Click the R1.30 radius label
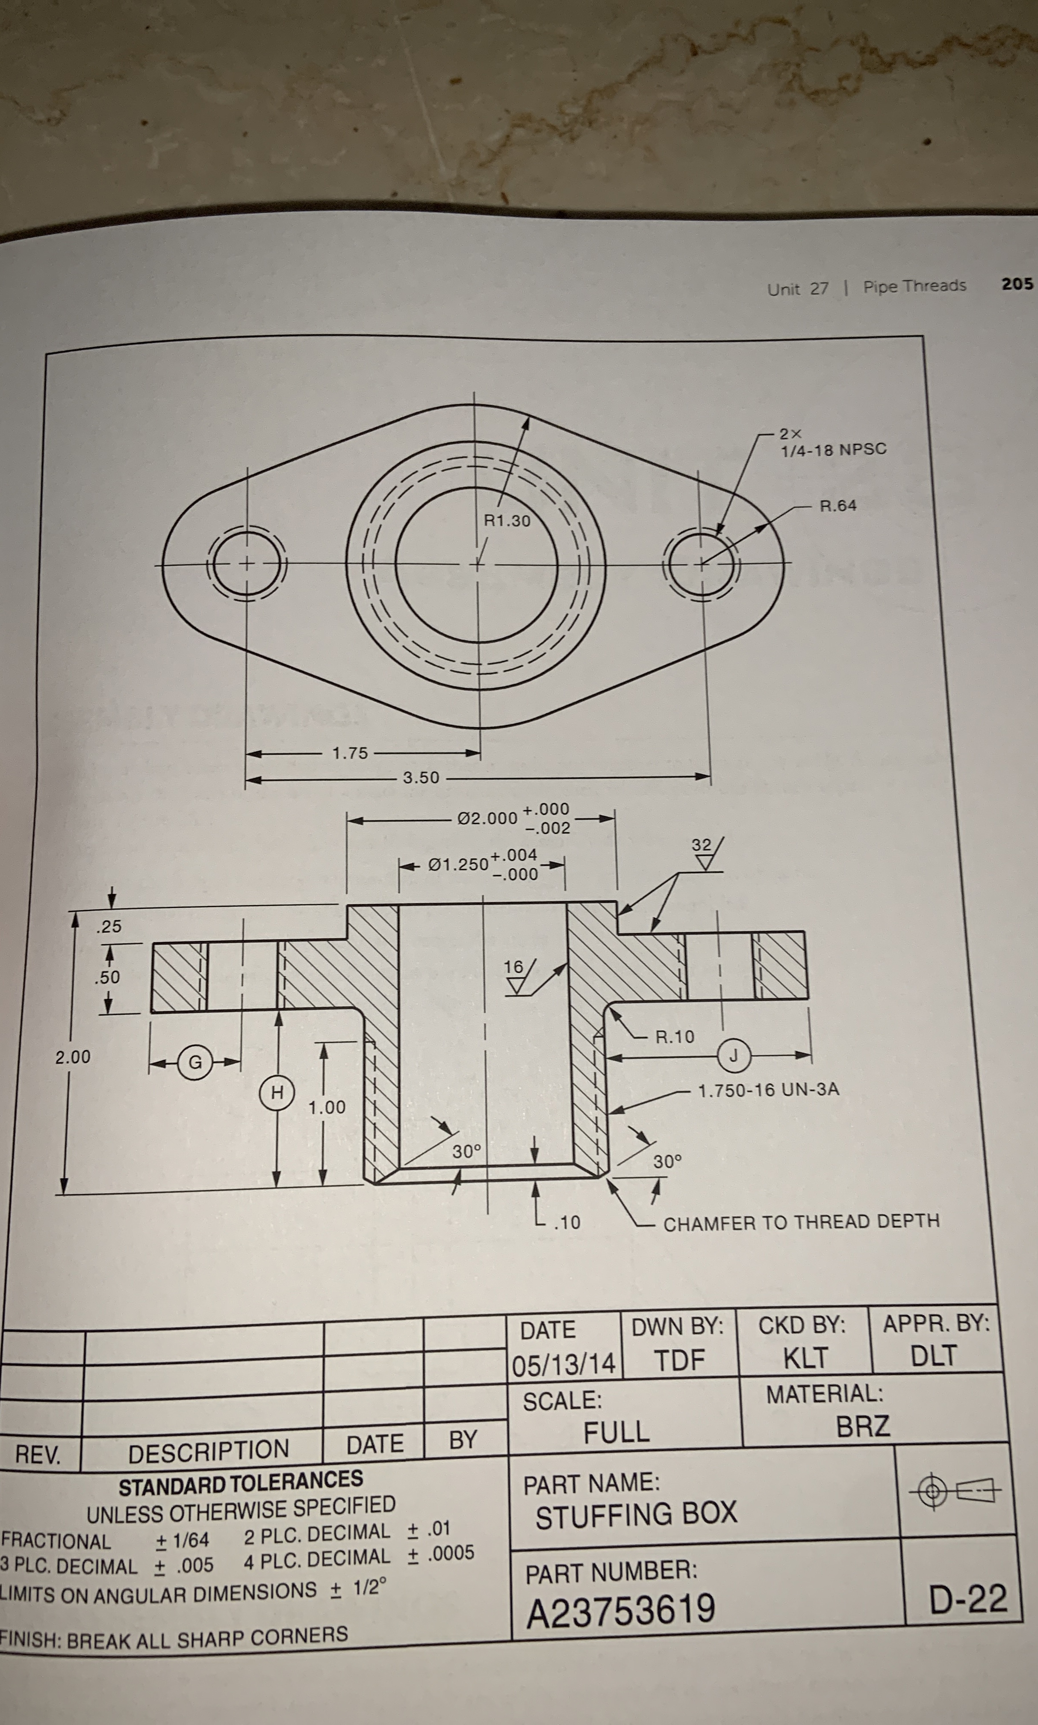point(507,521)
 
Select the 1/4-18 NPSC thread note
point(833,449)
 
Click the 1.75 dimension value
point(350,753)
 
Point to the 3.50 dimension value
point(421,777)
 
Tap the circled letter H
point(277,1092)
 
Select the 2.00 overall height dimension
point(73,1057)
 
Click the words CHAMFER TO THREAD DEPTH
point(801,1222)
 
